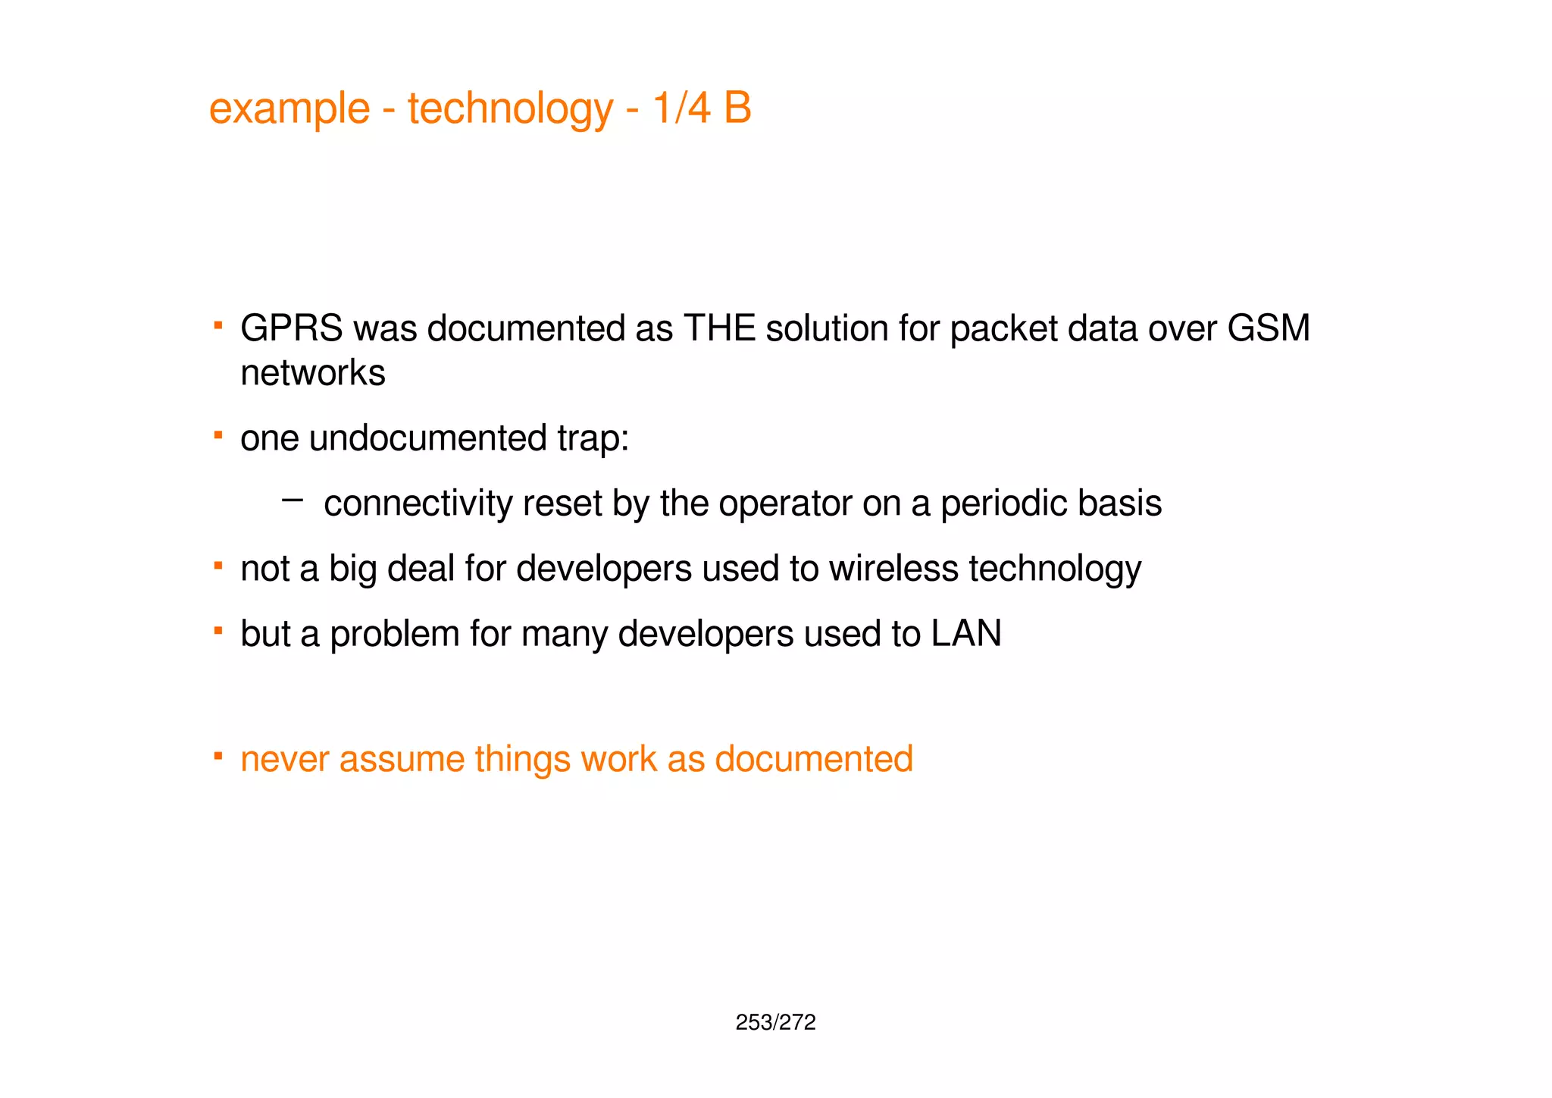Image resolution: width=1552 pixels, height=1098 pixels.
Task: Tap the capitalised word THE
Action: (719, 329)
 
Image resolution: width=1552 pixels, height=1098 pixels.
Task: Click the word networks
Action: (313, 373)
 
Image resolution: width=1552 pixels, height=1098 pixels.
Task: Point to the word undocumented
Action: (427, 438)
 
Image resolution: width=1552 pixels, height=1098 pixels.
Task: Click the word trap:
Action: (593, 438)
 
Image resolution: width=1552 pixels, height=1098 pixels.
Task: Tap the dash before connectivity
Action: (292, 500)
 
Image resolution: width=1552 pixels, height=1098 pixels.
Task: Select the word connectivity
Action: (418, 504)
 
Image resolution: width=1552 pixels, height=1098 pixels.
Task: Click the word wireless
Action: (893, 569)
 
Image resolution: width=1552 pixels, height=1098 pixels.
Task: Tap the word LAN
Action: (966, 634)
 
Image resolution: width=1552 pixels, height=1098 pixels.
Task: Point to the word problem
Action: (395, 634)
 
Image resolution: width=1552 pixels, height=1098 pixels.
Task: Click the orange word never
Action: (284, 759)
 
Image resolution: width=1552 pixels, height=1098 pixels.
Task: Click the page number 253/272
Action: (775, 1023)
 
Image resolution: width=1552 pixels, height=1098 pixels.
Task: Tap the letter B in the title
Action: (737, 108)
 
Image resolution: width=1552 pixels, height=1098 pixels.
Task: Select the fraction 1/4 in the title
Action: (681, 108)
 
